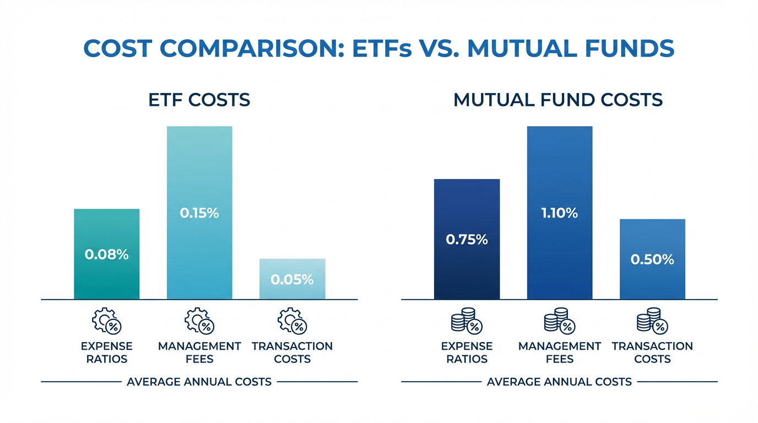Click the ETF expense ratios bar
coord(106,231)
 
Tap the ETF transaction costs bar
coord(292,267)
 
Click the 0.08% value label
coord(106,254)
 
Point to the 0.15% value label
coord(199,213)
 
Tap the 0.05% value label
coord(292,280)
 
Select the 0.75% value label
coord(467,240)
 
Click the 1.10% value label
coord(560,213)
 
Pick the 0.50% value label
coord(652,259)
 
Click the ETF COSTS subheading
coord(199,100)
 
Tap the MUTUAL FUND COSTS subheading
coord(558,100)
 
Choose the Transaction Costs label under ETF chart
coord(292,352)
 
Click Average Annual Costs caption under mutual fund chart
coord(559,382)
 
